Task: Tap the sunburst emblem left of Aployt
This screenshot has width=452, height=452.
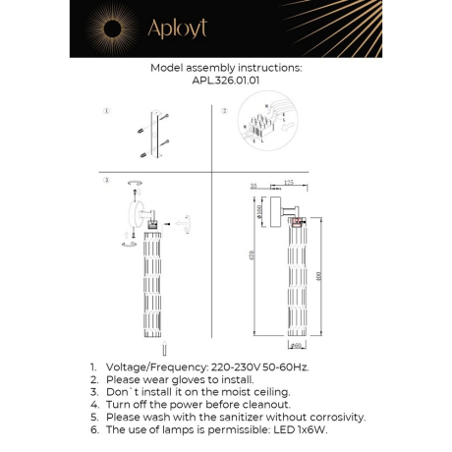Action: [107, 28]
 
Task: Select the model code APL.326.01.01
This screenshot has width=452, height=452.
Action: [225, 82]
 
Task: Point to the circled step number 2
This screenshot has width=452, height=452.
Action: [223, 111]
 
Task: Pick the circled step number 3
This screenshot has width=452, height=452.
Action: [105, 182]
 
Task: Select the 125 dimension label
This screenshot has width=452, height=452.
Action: [289, 183]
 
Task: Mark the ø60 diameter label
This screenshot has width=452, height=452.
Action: [297, 345]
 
